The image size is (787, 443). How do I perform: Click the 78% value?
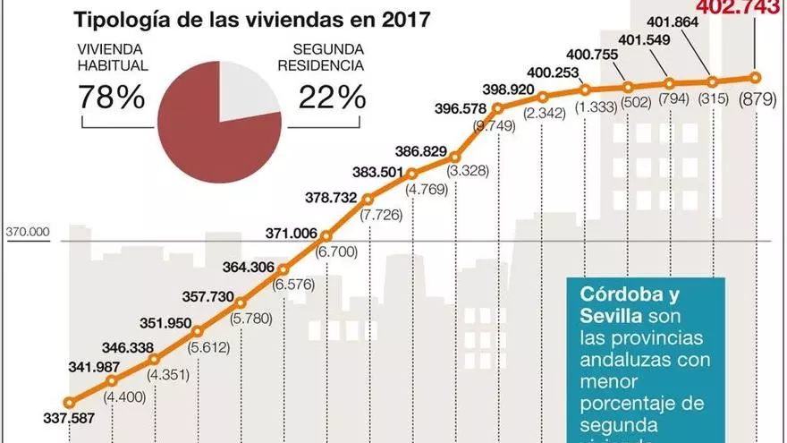[x=113, y=97]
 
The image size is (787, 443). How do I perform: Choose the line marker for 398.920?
[x=498, y=107]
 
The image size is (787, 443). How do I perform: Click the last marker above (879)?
[x=756, y=77]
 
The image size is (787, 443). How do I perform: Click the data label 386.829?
[x=420, y=153]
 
